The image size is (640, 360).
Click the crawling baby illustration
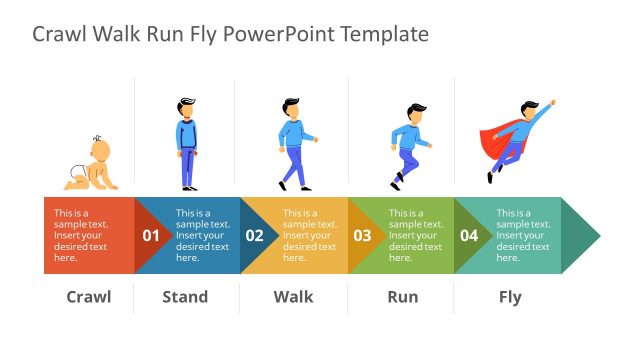coord(91,164)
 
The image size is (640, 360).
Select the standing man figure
coord(187,144)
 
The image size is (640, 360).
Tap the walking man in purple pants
coord(294,144)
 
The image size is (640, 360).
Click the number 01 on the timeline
coord(151,236)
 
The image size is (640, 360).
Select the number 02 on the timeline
coord(255,236)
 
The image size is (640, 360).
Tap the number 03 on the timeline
coord(362,236)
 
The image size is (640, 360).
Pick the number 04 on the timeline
coord(469,236)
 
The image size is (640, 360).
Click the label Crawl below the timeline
coord(88,296)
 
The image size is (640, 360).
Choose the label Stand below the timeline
coord(185,296)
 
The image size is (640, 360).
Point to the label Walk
coord(293,296)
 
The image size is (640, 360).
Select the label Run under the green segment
coord(403,296)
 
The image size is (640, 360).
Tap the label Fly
coord(510,296)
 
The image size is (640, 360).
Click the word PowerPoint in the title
coord(279,35)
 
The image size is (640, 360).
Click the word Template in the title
coord(384,35)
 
